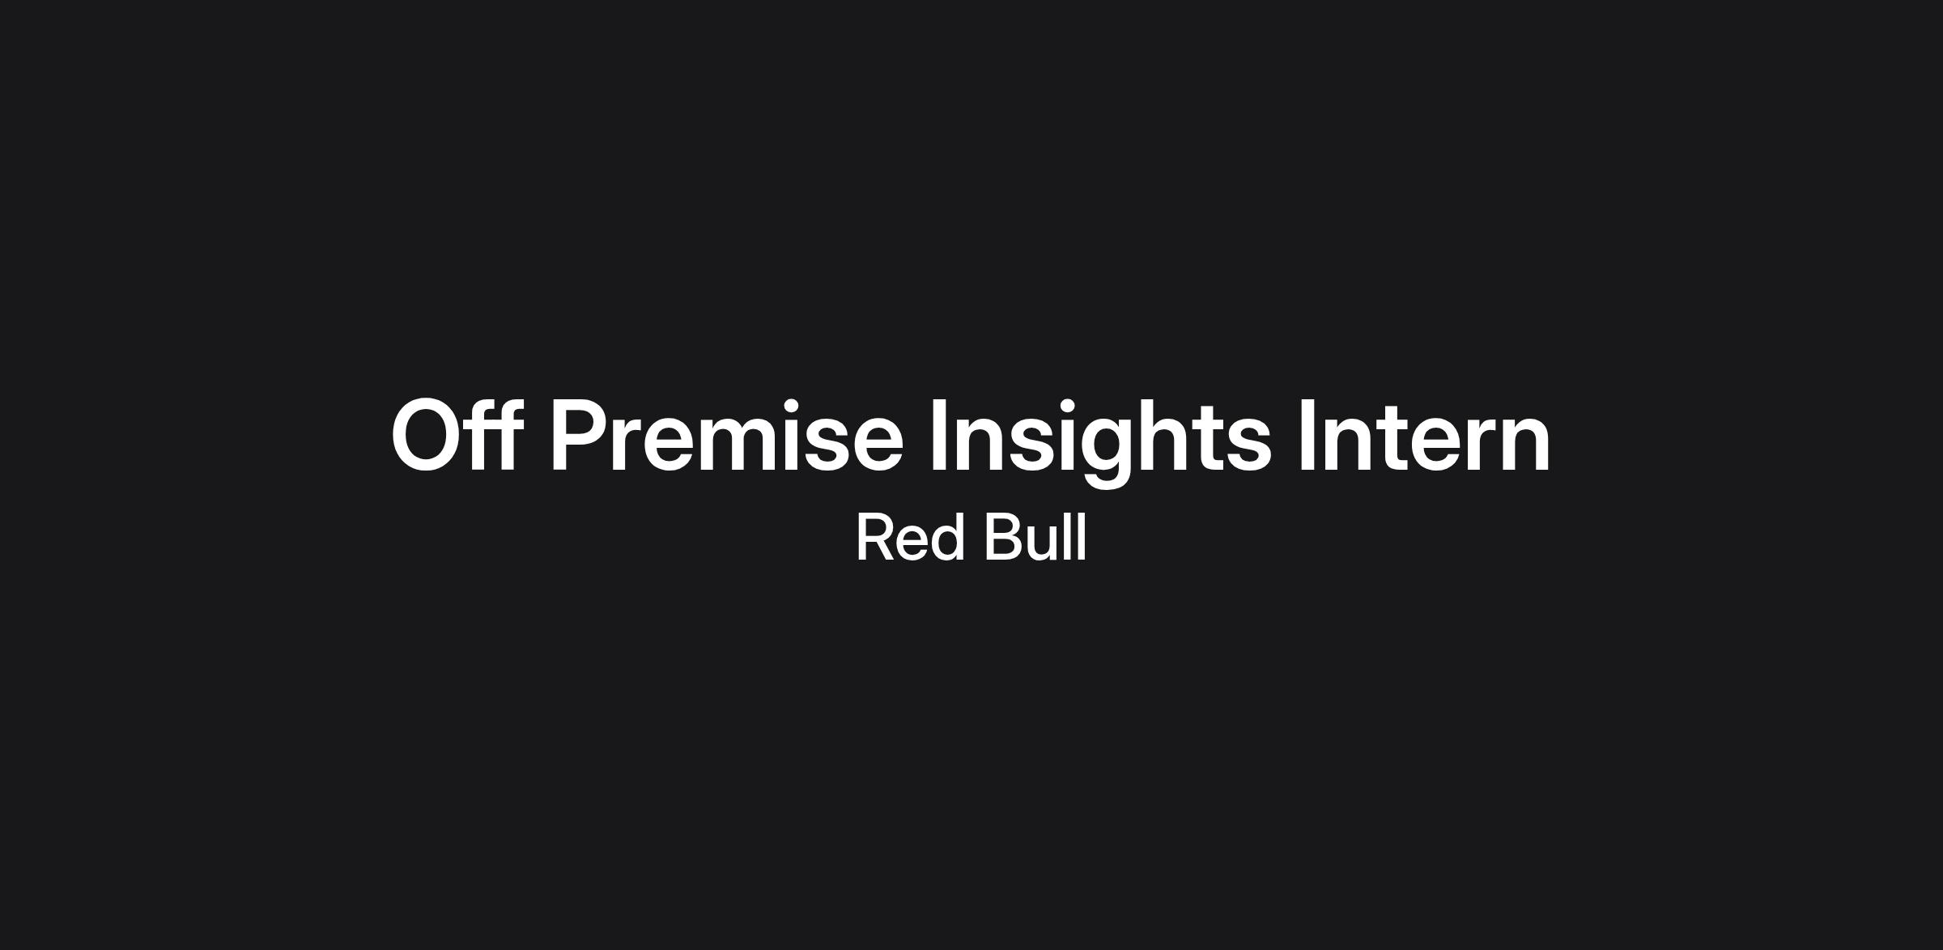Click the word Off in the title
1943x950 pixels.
pyautogui.click(x=455, y=435)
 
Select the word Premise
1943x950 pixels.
pyautogui.click(x=727, y=435)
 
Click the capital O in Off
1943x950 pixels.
pyautogui.click(x=426, y=436)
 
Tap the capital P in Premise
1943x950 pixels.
pyautogui.click(x=579, y=435)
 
